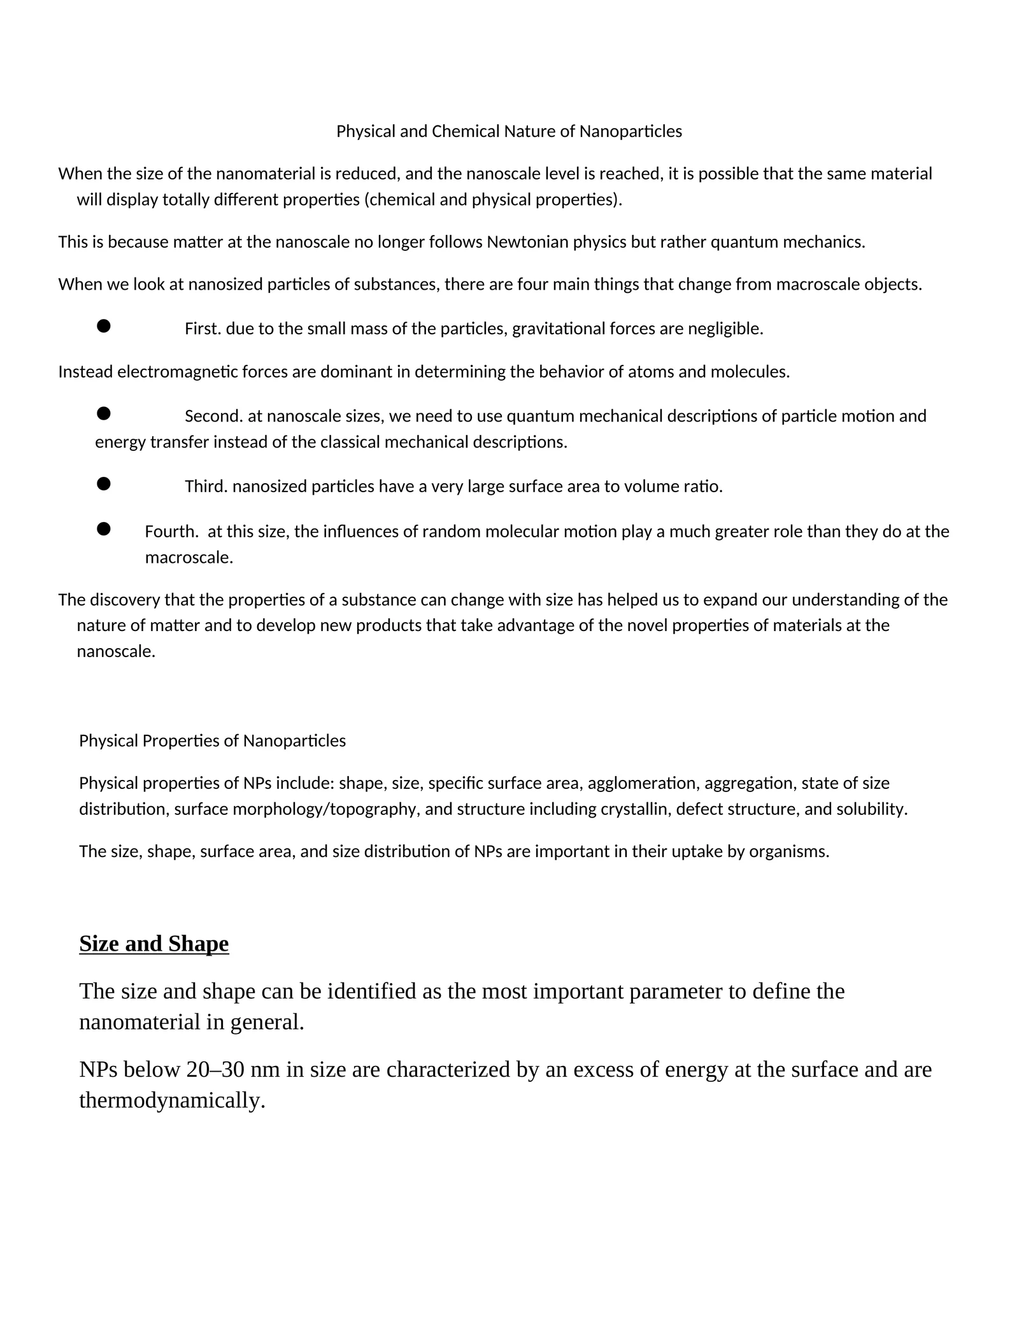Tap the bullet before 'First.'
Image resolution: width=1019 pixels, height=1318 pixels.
[104, 327]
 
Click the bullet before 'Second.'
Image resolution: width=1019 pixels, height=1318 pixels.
[104, 414]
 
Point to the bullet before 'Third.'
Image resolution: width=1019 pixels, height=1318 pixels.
[104, 485]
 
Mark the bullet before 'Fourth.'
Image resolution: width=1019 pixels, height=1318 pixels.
[104, 529]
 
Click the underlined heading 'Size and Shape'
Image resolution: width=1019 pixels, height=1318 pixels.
[154, 944]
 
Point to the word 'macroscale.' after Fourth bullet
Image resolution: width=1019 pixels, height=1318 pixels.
[189, 558]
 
